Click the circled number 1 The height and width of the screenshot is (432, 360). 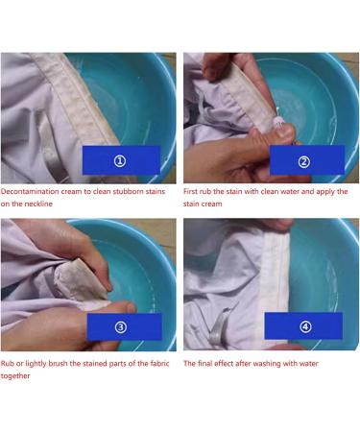[x=120, y=161]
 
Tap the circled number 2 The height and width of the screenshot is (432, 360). [x=304, y=161]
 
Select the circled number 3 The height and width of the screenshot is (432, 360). [x=121, y=327]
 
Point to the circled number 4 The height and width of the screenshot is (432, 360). [x=305, y=326]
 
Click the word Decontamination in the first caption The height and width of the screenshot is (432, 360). [x=30, y=192]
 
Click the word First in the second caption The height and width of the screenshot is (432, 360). [x=191, y=192]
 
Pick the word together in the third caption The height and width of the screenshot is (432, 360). [x=15, y=376]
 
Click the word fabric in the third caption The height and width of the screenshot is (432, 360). [x=159, y=364]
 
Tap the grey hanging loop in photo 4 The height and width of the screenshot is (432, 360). [x=219, y=326]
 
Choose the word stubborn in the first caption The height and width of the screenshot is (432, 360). [x=128, y=192]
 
